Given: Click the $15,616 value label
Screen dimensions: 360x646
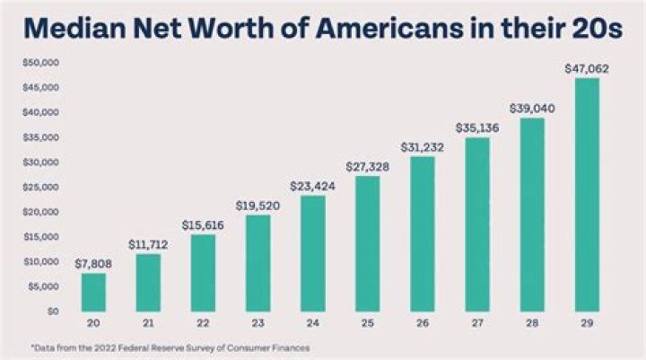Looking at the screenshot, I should pyautogui.click(x=204, y=224).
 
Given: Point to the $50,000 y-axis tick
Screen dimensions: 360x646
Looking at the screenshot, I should pyautogui.click(x=40, y=62).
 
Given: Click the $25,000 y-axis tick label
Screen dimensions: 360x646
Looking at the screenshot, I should pyautogui.click(x=40, y=187).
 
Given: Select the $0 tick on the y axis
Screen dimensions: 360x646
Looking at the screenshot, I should pyautogui.click(x=51, y=311).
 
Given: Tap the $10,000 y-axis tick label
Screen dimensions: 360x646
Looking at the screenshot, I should pyautogui.click(x=40, y=261).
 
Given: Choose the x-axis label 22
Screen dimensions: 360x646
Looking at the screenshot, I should pyautogui.click(x=204, y=322).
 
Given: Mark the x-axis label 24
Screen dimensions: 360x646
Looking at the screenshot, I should pyautogui.click(x=311, y=322).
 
